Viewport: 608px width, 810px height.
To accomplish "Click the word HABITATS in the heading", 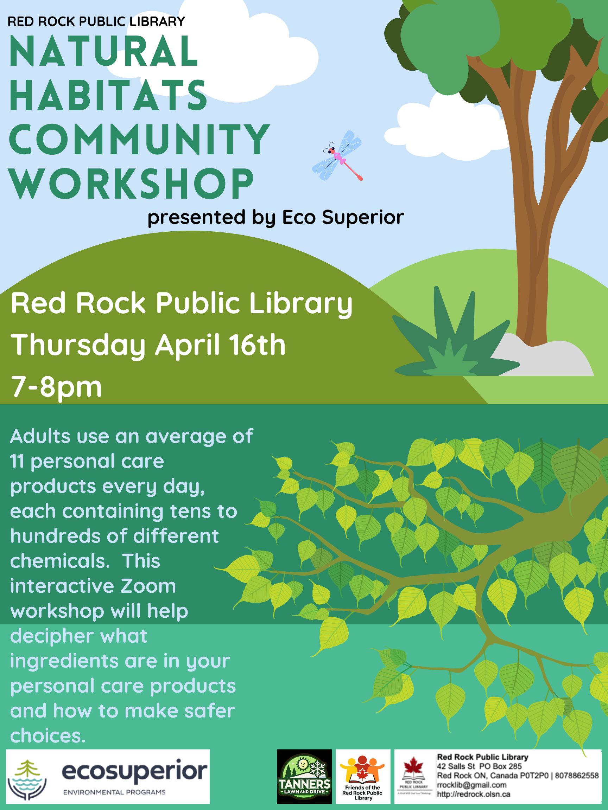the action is [x=108, y=95].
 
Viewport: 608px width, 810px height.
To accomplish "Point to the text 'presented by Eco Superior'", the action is [x=275, y=218].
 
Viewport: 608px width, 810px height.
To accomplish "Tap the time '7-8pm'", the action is [x=56, y=387].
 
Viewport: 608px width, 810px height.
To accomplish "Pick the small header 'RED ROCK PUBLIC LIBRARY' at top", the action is [x=96, y=21].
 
